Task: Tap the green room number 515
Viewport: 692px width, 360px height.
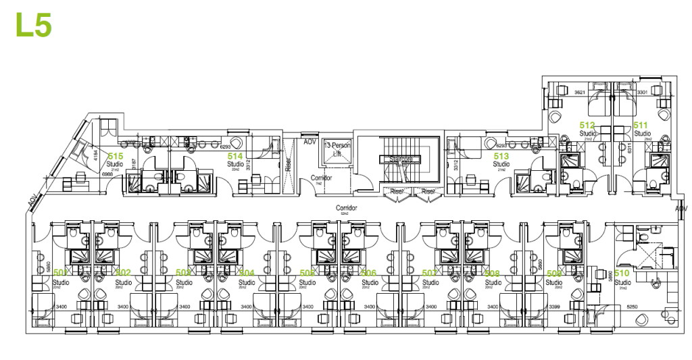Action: point(116,155)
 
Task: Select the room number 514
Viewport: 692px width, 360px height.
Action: point(235,155)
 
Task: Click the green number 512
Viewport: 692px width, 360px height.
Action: point(587,125)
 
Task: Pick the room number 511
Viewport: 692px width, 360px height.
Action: point(641,125)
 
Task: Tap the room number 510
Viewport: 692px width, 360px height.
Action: point(622,273)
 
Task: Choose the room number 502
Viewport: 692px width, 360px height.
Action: point(123,273)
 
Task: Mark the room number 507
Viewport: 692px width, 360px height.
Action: point(430,273)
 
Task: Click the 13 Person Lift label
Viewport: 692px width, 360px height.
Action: point(336,149)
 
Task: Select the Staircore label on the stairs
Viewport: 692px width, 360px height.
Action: point(401,159)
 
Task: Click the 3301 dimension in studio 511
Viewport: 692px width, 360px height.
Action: point(642,91)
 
